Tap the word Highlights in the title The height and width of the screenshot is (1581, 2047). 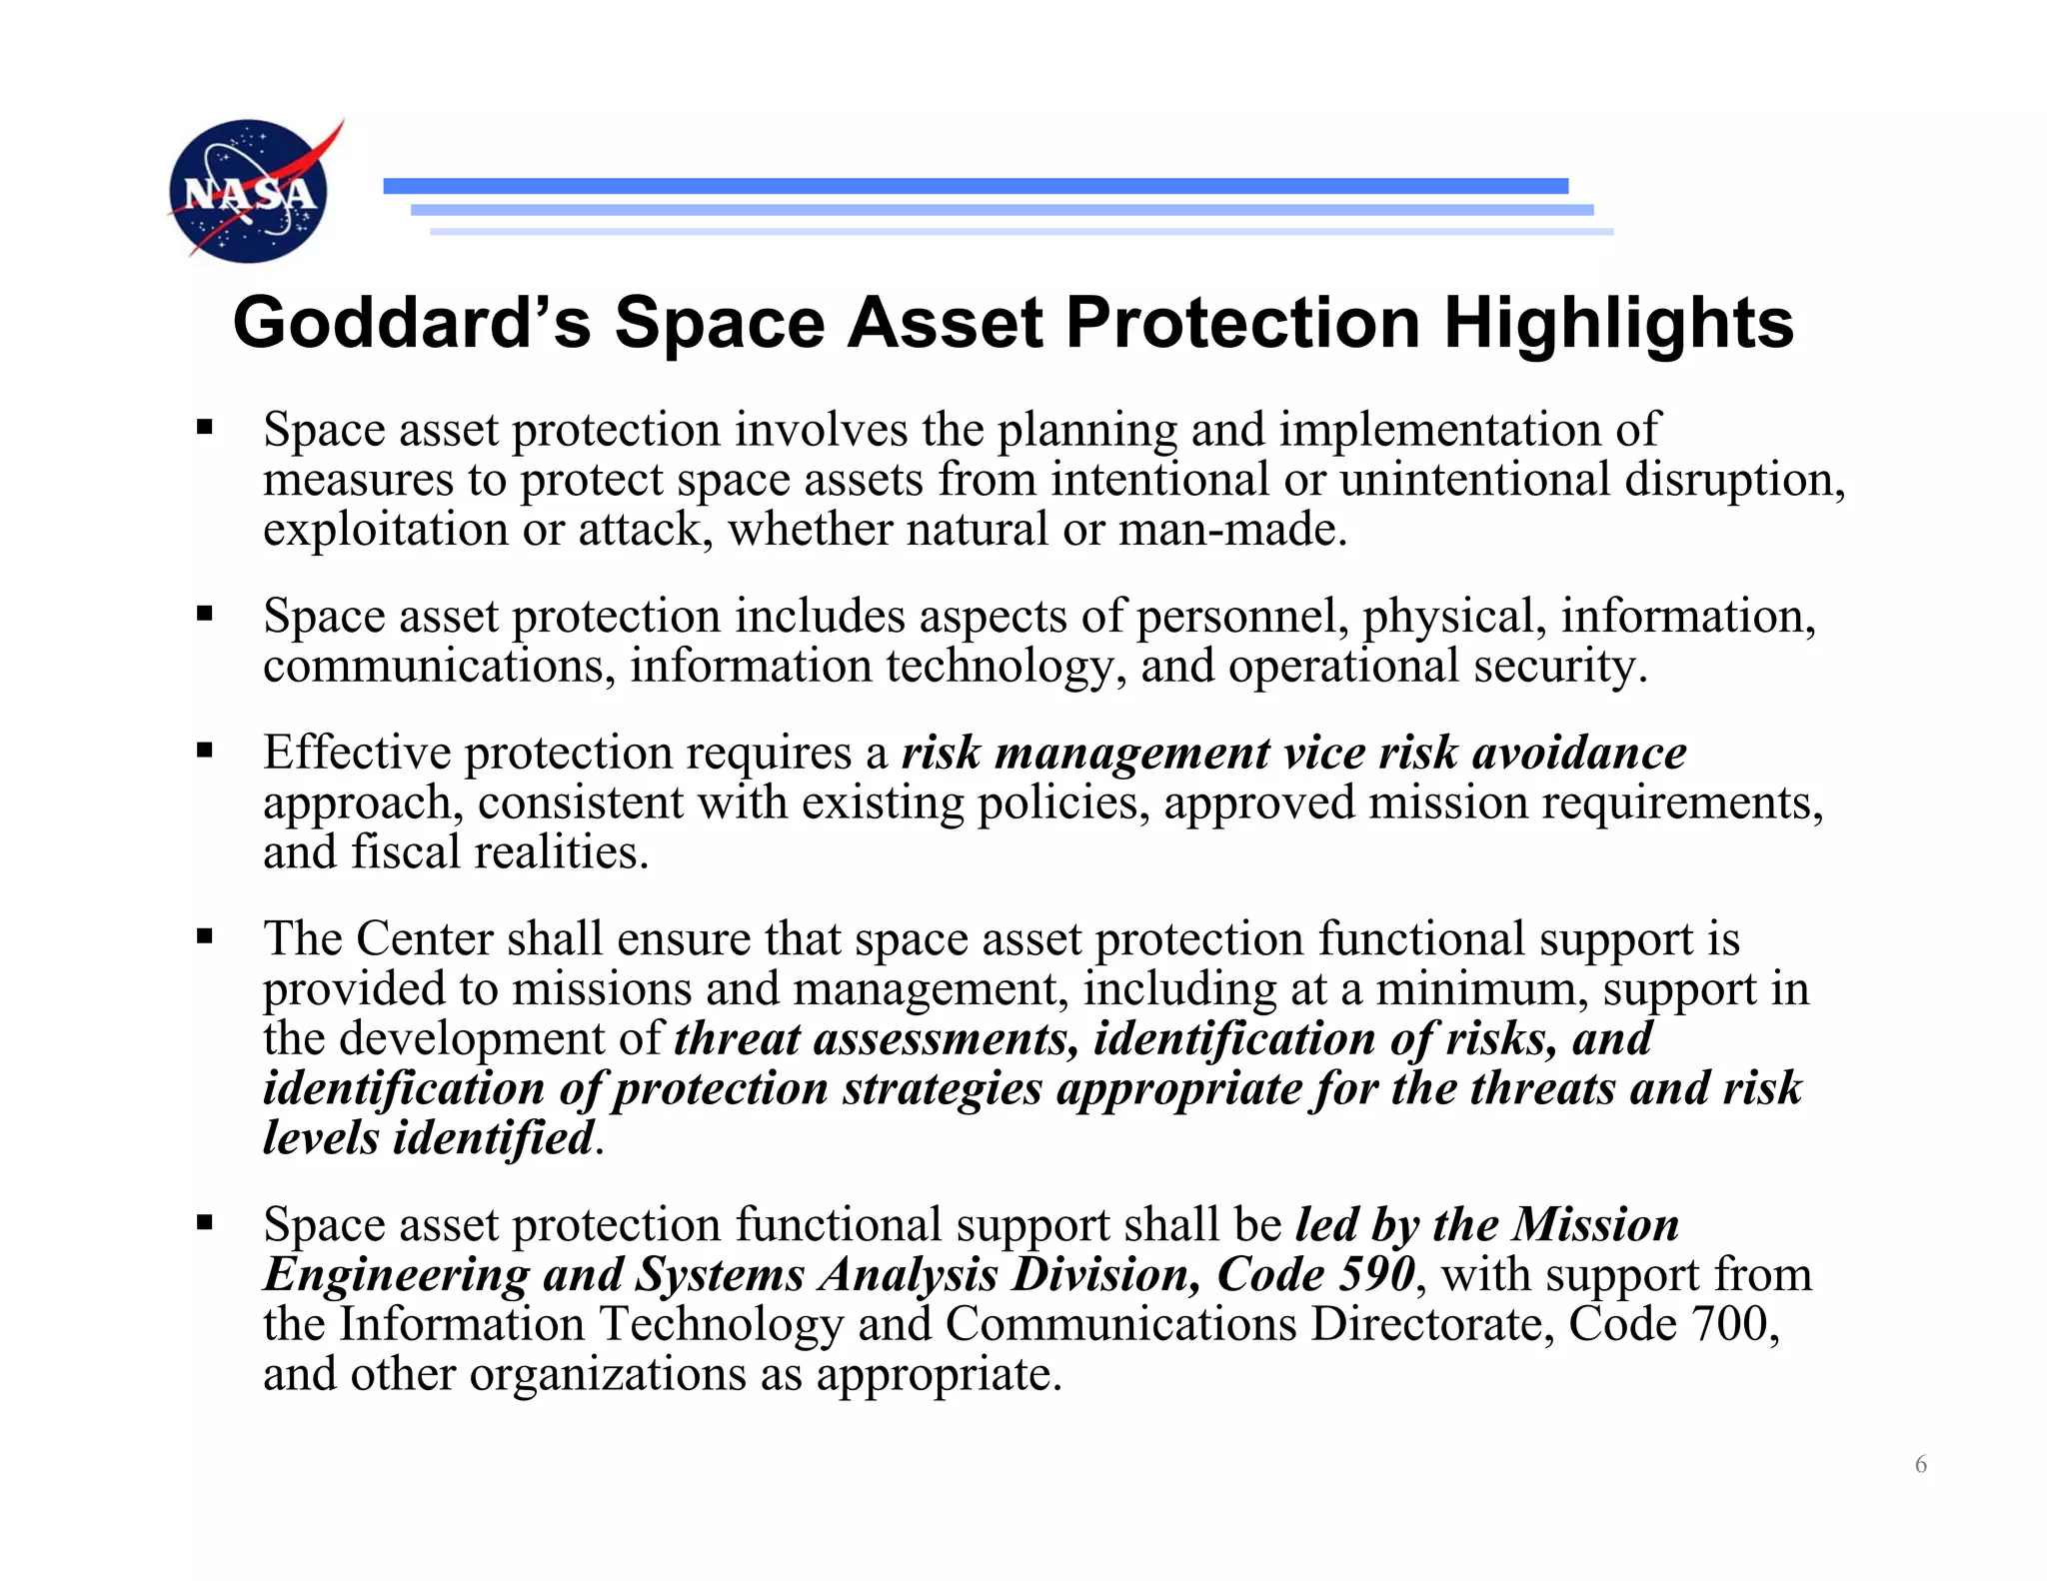(x=1618, y=323)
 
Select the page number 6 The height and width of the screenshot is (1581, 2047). (x=1920, y=1464)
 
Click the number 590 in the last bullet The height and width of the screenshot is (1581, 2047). (x=1376, y=1274)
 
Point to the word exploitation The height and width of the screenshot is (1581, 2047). (x=385, y=530)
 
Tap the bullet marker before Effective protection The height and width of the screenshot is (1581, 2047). (x=205, y=751)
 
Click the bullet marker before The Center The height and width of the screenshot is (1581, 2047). (x=205, y=937)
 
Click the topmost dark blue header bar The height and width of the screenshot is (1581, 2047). (x=975, y=186)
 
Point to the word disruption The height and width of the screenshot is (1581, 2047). (x=1733, y=480)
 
